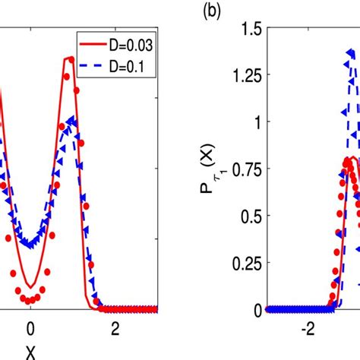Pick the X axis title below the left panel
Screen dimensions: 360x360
pyautogui.click(x=30, y=351)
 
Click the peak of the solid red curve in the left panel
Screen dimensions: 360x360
pyautogui.click(x=70, y=58)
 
